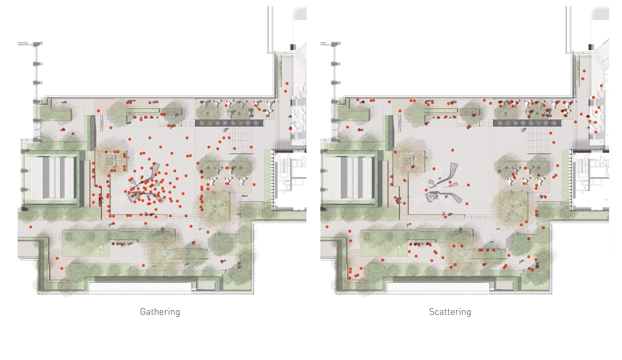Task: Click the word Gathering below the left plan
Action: click(160, 312)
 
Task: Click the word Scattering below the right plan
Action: click(450, 312)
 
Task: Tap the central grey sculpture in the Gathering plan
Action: click(144, 185)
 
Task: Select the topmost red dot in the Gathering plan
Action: click(287, 83)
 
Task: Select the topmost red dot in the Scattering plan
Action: click(585, 71)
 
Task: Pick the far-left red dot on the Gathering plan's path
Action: click(31, 227)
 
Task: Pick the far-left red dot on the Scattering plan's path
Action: click(327, 227)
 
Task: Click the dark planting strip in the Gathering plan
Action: click(229, 123)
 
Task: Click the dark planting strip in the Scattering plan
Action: click(527, 123)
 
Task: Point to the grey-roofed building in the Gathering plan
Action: click(53, 178)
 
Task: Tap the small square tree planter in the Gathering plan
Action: click(110, 160)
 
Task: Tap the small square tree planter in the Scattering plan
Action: click(408, 160)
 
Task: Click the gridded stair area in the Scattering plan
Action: click(538, 140)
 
